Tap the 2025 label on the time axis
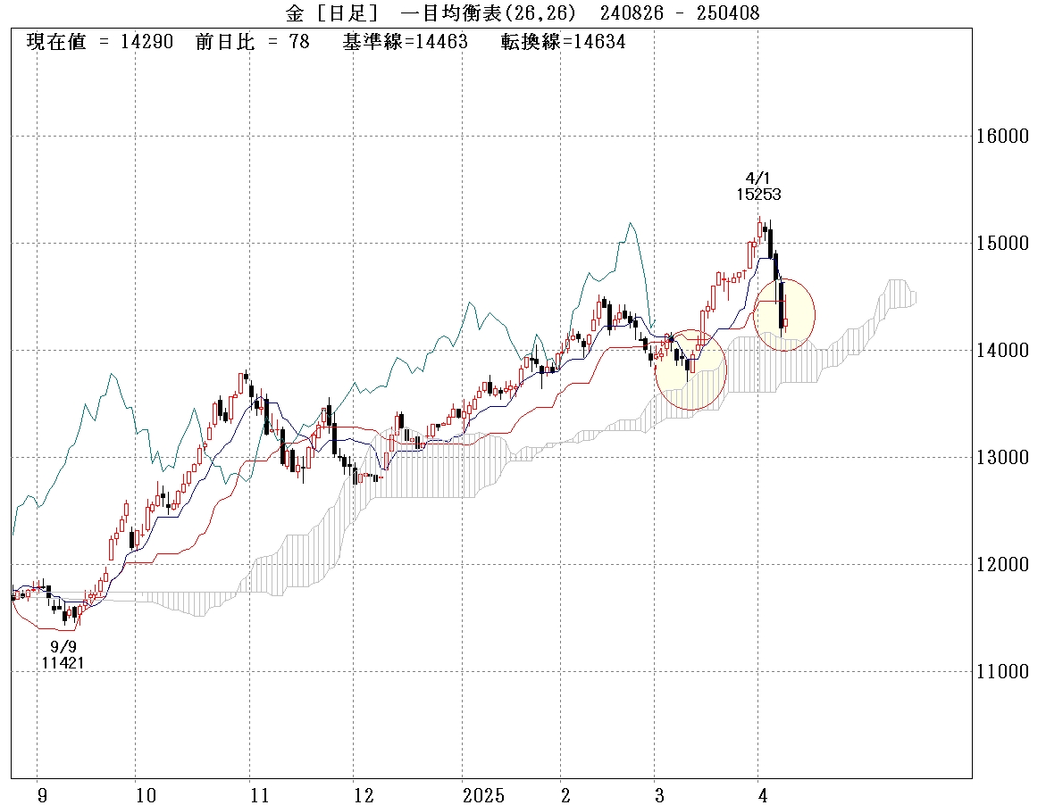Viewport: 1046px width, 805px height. click(x=483, y=794)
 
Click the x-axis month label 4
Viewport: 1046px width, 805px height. click(x=762, y=794)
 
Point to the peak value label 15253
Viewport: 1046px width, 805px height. click(x=757, y=193)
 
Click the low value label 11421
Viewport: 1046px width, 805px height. click(x=63, y=662)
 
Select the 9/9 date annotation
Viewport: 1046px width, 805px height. click(x=63, y=646)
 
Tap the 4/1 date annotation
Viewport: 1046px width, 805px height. click(x=757, y=177)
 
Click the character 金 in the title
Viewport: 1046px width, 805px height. click(x=295, y=12)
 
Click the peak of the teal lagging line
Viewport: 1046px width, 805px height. click(x=630, y=224)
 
